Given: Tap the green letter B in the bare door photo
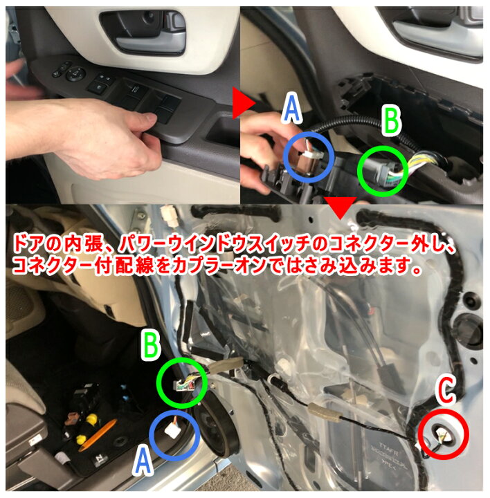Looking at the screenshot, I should coord(154,344).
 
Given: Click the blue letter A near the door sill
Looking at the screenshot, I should coord(141,459).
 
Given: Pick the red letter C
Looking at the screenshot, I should coord(445,391).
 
